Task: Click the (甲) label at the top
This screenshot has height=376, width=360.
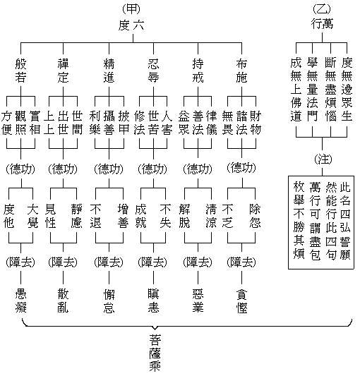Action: (x=131, y=8)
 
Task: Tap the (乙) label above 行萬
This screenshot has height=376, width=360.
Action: (x=321, y=8)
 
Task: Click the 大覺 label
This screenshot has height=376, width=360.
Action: (x=32, y=217)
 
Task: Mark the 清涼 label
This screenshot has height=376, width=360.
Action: (x=210, y=217)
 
